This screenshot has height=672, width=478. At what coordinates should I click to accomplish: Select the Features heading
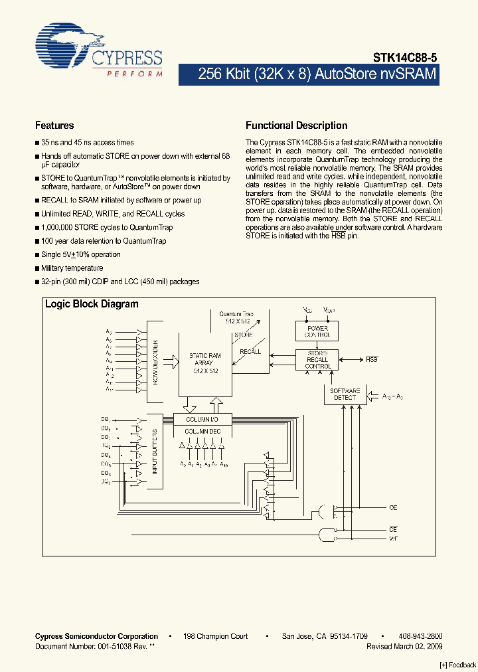coord(54,126)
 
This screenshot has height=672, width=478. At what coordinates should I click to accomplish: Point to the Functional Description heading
coord(296,126)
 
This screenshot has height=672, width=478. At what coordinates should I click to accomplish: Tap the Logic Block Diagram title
coord(92,304)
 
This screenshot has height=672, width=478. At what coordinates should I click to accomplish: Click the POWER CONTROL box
coord(317,331)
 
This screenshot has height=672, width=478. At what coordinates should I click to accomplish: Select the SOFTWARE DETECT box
coord(345,394)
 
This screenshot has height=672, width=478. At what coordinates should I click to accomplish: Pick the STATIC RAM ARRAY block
coord(205,363)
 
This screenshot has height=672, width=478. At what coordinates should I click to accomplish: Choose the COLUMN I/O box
coord(202,419)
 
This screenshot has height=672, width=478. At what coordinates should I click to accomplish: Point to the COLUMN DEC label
coord(202,432)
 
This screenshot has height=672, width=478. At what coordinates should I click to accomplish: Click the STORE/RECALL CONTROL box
coord(317,359)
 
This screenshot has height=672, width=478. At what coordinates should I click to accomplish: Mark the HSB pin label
coord(372,359)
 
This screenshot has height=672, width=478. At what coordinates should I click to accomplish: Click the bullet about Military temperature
coord(72,268)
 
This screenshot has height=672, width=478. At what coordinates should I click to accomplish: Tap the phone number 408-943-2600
coord(421,636)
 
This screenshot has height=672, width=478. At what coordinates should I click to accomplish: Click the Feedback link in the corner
coord(458,665)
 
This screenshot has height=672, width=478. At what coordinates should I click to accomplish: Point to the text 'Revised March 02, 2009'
coord(404,646)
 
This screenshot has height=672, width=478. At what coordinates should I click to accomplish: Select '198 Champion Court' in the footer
coord(216,636)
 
